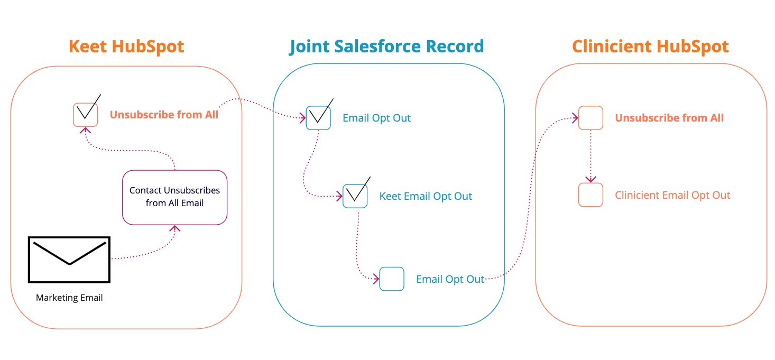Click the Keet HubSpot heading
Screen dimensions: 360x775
click(x=126, y=47)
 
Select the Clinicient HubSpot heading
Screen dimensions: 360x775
click(x=650, y=47)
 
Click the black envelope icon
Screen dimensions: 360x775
click(x=69, y=259)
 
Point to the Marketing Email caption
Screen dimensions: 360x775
click(x=69, y=298)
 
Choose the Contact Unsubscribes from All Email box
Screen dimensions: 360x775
click(x=174, y=197)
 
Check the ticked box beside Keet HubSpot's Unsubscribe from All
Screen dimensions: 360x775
click(x=85, y=114)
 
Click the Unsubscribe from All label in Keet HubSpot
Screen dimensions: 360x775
click(x=164, y=114)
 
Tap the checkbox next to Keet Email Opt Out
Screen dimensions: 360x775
click(x=355, y=196)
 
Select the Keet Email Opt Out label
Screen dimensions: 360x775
click(x=426, y=196)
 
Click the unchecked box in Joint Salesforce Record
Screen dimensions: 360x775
click(x=392, y=279)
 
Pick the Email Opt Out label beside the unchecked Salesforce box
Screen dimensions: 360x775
click(x=450, y=279)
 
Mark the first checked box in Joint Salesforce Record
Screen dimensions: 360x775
click(x=318, y=117)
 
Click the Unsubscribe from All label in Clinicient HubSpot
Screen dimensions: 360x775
click(x=669, y=118)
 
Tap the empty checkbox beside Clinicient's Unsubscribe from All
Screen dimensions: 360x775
click(x=591, y=118)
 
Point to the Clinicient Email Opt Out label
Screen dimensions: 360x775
click(x=672, y=195)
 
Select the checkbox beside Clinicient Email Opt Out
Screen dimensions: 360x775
click(x=591, y=195)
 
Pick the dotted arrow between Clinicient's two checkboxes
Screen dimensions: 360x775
click(x=591, y=156)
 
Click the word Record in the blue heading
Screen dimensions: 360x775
click(x=455, y=47)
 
